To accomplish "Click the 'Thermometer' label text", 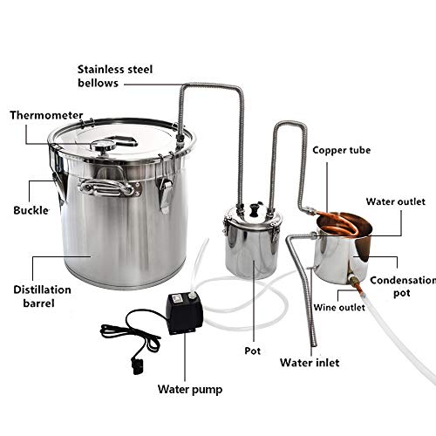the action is point(46,115).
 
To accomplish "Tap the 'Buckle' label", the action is point(31,210).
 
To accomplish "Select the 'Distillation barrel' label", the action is point(42,296).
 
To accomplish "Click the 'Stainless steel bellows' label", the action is point(115,76).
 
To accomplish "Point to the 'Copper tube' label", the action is point(342,150).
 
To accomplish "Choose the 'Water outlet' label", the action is point(396,201).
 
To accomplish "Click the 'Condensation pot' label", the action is point(403,287).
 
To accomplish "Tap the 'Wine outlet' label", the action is point(339,308).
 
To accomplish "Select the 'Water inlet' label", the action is point(310,363).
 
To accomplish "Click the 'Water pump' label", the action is point(190,390).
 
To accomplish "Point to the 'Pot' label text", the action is point(252,351).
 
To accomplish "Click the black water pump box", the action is point(185,314).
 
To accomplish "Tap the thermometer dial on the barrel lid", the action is point(103,145).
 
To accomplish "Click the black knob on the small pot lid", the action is point(254,209).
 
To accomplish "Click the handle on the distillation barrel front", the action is point(107,187).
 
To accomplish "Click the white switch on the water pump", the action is point(176,297).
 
